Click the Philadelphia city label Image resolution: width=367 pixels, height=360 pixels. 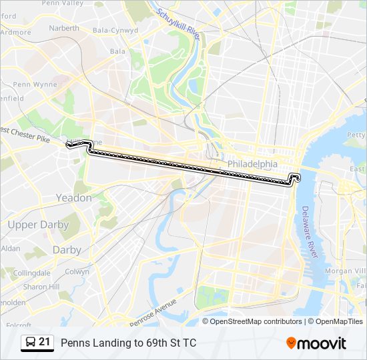(x=252, y=164)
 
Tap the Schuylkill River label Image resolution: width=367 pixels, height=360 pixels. (x=178, y=23)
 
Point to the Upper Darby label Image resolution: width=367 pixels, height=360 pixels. (x=38, y=225)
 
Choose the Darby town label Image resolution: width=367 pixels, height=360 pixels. (x=67, y=250)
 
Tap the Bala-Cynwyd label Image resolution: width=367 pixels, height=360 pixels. (x=111, y=31)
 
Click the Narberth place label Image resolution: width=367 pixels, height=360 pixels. (x=64, y=29)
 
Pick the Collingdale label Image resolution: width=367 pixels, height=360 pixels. (x=32, y=273)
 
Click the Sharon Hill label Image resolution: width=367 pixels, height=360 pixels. (x=41, y=287)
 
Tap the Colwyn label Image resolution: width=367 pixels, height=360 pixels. (x=77, y=272)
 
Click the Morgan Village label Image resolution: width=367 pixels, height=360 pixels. (x=346, y=271)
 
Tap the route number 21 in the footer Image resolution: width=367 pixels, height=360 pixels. (x=45, y=342)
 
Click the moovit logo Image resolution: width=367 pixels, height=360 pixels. (x=316, y=343)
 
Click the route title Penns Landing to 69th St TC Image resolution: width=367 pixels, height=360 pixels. (x=129, y=343)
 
